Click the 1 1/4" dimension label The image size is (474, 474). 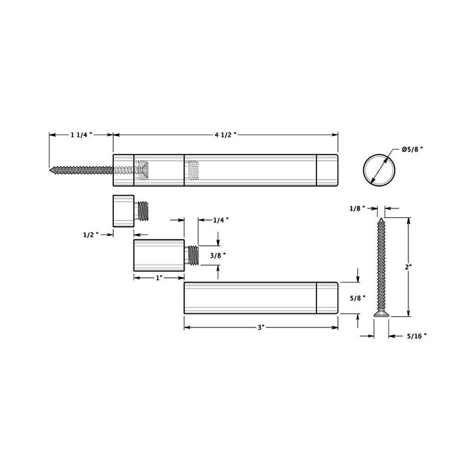click(81, 135)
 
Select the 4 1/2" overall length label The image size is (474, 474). click(226, 135)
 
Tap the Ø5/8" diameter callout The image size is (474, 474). click(412, 149)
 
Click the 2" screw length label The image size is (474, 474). click(409, 267)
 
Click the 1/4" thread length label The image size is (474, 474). click(221, 220)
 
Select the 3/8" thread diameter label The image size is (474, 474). click(218, 255)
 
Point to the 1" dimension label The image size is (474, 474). click(159, 278)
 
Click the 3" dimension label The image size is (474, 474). click(261, 328)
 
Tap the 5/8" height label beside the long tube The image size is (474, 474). click(357, 298)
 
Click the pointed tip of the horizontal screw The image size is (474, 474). click(51, 169)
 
